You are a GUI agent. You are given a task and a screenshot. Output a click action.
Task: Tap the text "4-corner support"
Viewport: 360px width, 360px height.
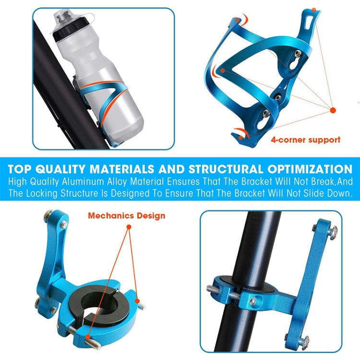pos(305,140)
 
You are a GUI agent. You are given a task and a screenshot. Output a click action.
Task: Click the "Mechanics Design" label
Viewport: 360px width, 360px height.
pos(126,216)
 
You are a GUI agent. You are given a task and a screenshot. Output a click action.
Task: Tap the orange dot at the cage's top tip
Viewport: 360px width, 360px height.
pos(314,10)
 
